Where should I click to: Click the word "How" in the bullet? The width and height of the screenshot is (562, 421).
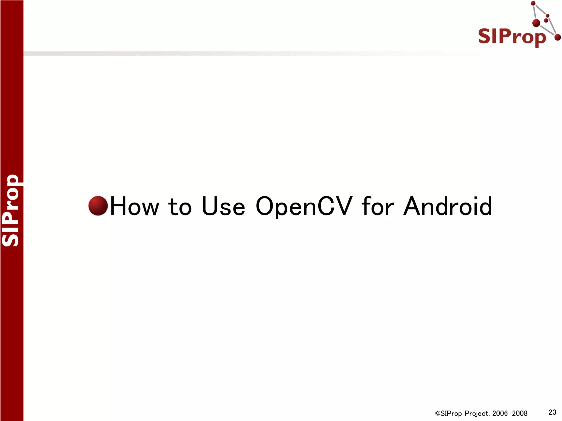pos(134,206)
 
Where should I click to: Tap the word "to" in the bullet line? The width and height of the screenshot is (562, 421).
pos(180,206)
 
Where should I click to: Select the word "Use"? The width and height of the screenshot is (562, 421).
pos(223,206)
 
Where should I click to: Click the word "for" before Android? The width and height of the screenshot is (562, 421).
pos(378,206)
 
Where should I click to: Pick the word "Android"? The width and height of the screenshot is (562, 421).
pos(448,206)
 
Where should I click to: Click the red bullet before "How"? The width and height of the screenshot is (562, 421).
pos(98,206)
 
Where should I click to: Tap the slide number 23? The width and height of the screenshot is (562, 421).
pos(552,412)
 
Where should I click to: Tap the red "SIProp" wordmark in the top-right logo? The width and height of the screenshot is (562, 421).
pos(512,37)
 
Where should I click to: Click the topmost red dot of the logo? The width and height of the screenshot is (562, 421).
pos(533,3)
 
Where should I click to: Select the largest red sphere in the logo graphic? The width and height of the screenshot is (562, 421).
pos(536,23)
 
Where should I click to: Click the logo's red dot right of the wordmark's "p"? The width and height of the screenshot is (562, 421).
pos(557,37)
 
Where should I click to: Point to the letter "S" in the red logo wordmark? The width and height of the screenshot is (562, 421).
pos(484,36)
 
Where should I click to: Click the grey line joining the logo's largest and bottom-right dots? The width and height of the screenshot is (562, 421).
pos(547,30)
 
